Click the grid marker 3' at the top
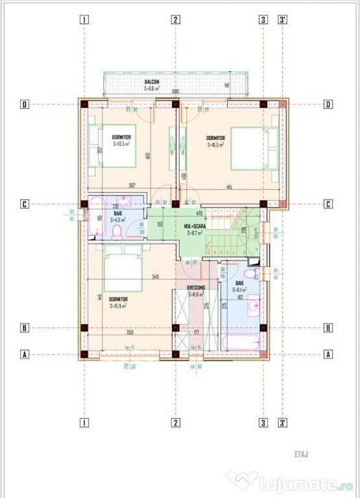tap(283, 19)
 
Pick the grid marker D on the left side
tap(24, 104)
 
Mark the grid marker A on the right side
tap(328, 354)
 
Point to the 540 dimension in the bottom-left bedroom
tap(156, 277)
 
